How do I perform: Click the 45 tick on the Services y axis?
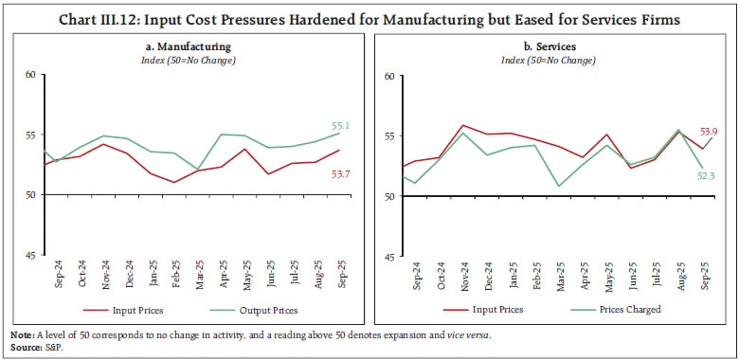pyautogui.click(x=388, y=256)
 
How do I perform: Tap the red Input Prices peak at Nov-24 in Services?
pyautogui.click(x=461, y=125)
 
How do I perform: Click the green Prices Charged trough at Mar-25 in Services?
pyautogui.click(x=559, y=186)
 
